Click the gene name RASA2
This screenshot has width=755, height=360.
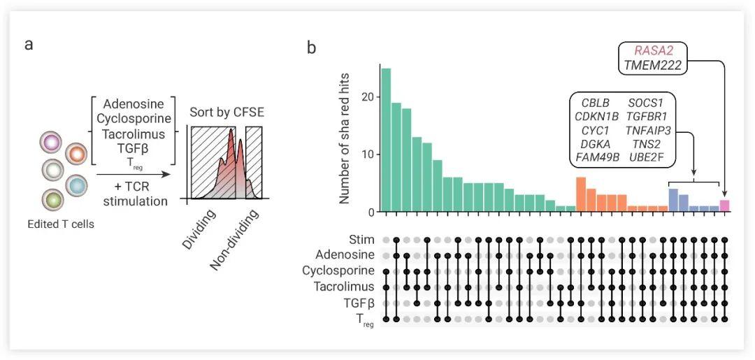click(653, 51)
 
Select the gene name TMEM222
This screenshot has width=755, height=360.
click(653, 66)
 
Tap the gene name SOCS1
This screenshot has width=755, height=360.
click(645, 103)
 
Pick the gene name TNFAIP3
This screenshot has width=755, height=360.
click(645, 130)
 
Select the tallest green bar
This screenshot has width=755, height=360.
click(386, 140)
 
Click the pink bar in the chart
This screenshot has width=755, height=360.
click(725, 206)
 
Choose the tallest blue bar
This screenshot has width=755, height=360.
click(673, 200)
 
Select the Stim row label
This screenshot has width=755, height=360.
click(361, 240)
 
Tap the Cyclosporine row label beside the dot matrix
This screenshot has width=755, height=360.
click(338, 271)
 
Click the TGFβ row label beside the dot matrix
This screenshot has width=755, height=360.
click(359, 303)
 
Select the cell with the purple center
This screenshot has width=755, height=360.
click(52, 144)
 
